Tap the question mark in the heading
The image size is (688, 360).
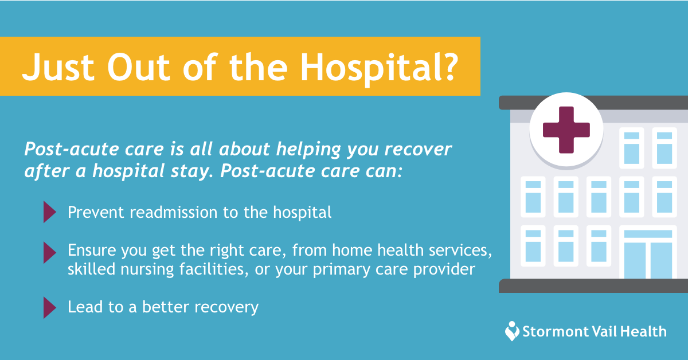click(451, 66)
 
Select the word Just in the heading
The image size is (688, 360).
click(58, 67)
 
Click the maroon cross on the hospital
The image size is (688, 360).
click(566, 130)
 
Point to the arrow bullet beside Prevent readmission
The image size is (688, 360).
click(50, 212)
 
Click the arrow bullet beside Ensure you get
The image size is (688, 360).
click(50, 252)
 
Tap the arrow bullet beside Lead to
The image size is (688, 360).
click(50, 307)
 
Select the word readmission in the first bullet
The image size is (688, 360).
click(174, 212)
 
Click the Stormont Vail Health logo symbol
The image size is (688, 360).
click(512, 331)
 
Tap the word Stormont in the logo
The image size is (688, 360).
click(555, 332)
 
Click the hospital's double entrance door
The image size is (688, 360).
click(648, 260)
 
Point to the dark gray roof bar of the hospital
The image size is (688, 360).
click(593, 103)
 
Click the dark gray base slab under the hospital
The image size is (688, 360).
click(593, 285)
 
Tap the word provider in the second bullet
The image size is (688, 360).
click(444, 269)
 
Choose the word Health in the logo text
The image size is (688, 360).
click(643, 332)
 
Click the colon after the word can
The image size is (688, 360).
click(400, 172)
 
